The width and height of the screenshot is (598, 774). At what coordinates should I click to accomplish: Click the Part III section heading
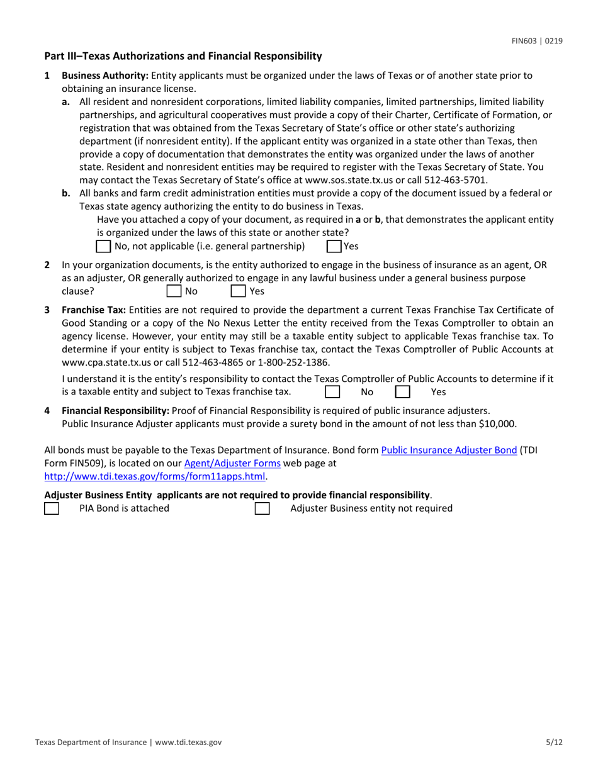(x=183, y=57)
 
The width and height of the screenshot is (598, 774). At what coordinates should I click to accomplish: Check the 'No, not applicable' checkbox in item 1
(x=104, y=246)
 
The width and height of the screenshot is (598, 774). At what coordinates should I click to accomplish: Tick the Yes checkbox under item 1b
(x=334, y=246)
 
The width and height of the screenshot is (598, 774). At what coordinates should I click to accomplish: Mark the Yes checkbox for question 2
(x=238, y=291)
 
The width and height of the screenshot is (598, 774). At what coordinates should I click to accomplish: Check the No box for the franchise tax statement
(x=332, y=392)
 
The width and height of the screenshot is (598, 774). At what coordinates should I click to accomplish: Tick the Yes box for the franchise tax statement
(x=403, y=392)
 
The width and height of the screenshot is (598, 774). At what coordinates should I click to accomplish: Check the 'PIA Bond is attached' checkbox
(x=52, y=508)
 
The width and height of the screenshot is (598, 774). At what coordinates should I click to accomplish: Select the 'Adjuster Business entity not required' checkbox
(x=262, y=508)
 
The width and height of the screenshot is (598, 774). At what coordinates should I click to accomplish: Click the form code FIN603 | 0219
(x=536, y=41)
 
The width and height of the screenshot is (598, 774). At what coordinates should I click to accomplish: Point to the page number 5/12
(x=554, y=743)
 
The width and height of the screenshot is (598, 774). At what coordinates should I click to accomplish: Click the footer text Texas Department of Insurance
(x=91, y=743)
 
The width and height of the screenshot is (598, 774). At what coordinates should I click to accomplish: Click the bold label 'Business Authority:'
(x=105, y=76)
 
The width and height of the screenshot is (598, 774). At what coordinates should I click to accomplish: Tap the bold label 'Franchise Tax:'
(x=93, y=310)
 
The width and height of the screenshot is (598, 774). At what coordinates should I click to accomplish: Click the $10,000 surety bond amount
(x=497, y=423)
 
